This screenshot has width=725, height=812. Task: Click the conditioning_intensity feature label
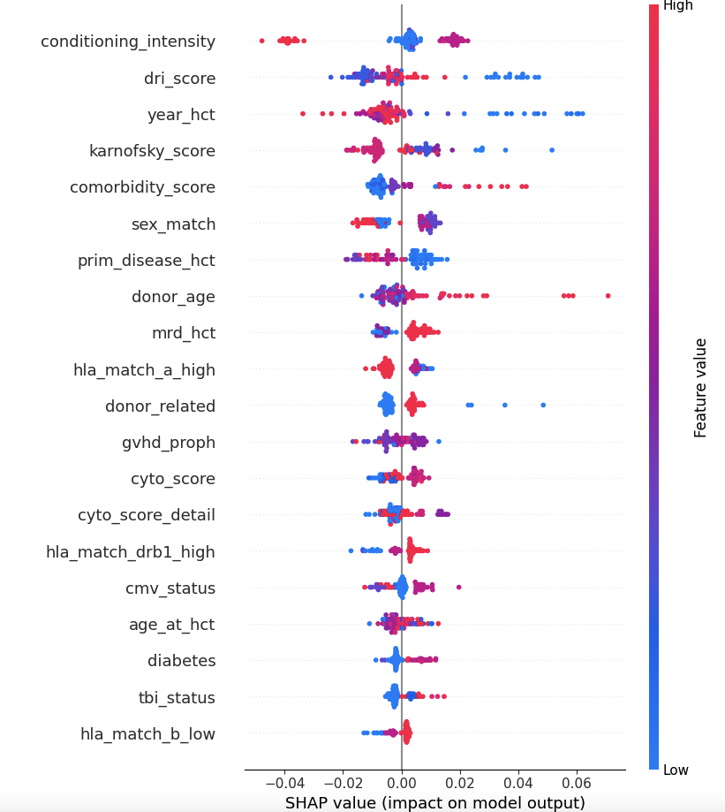tap(128, 42)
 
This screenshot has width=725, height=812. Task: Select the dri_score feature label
tap(179, 79)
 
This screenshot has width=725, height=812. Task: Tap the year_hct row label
tap(181, 115)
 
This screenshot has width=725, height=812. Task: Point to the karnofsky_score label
tap(152, 151)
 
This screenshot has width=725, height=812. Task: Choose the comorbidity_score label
tap(142, 187)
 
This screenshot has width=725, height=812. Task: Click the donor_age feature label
tap(173, 297)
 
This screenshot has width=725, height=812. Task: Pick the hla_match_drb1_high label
tap(131, 552)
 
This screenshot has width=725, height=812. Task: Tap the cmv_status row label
tap(170, 588)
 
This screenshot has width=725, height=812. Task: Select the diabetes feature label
tap(181, 661)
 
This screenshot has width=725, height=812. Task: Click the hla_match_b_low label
tap(147, 734)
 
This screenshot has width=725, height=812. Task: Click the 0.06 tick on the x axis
tap(577, 783)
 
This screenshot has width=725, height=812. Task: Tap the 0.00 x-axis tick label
tap(402, 783)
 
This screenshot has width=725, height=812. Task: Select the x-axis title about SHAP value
tap(434, 803)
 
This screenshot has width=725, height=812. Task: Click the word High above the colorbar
tap(678, 6)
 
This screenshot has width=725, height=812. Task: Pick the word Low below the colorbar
tap(676, 770)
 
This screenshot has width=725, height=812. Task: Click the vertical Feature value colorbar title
tap(701, 387)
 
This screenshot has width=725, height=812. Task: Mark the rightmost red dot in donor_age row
tap(608, 296)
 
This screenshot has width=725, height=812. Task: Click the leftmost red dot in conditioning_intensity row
tap(261, 41)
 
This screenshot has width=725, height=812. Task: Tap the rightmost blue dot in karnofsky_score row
tap(552, 150)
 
